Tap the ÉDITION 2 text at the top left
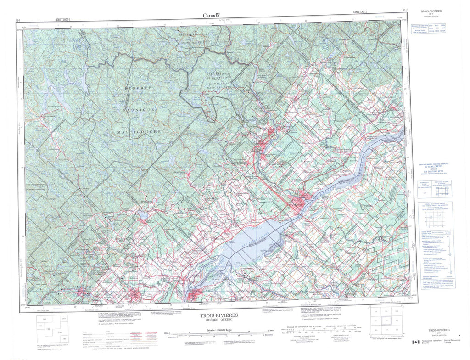tap(63, 20)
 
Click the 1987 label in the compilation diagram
tap(61, 331)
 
